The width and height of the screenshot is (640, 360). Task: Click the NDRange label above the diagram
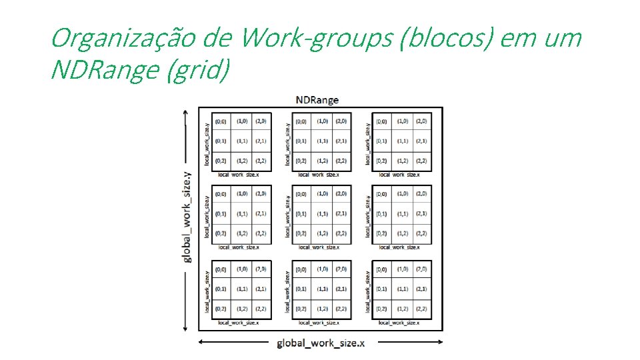point(317,100)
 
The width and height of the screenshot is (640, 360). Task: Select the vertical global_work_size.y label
point(187,216)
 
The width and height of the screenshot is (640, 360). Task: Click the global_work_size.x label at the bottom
point(321,343)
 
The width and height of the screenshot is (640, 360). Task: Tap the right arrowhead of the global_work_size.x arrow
point(440,342)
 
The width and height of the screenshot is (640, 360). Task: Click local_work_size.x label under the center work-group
point(319,247)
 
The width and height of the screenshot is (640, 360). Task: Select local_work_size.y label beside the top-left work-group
point(207,142)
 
